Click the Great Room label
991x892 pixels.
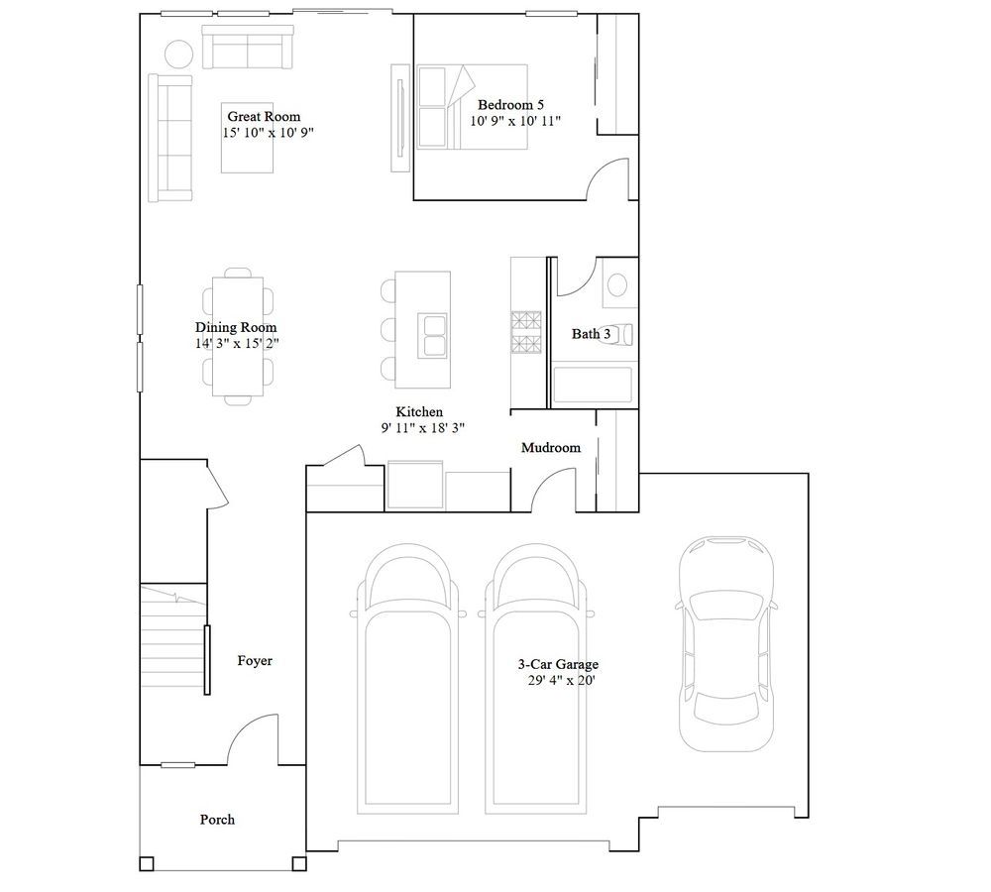264,116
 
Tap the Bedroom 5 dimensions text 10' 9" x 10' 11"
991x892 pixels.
515,121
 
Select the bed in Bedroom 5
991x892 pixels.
472,107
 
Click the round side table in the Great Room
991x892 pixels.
178,54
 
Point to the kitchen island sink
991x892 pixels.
432,335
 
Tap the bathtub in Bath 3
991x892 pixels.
593,385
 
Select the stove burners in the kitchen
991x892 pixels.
526,333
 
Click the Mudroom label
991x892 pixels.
550,448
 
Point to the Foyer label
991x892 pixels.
255,661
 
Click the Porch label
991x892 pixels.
217,820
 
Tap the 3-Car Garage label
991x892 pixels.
558,664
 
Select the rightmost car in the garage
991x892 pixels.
726,643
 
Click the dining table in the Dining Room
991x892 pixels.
238,336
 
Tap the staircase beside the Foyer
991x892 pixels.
173,636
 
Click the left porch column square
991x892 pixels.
147,863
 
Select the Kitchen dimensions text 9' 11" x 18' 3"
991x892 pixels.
423,428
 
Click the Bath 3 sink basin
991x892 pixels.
616,284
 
